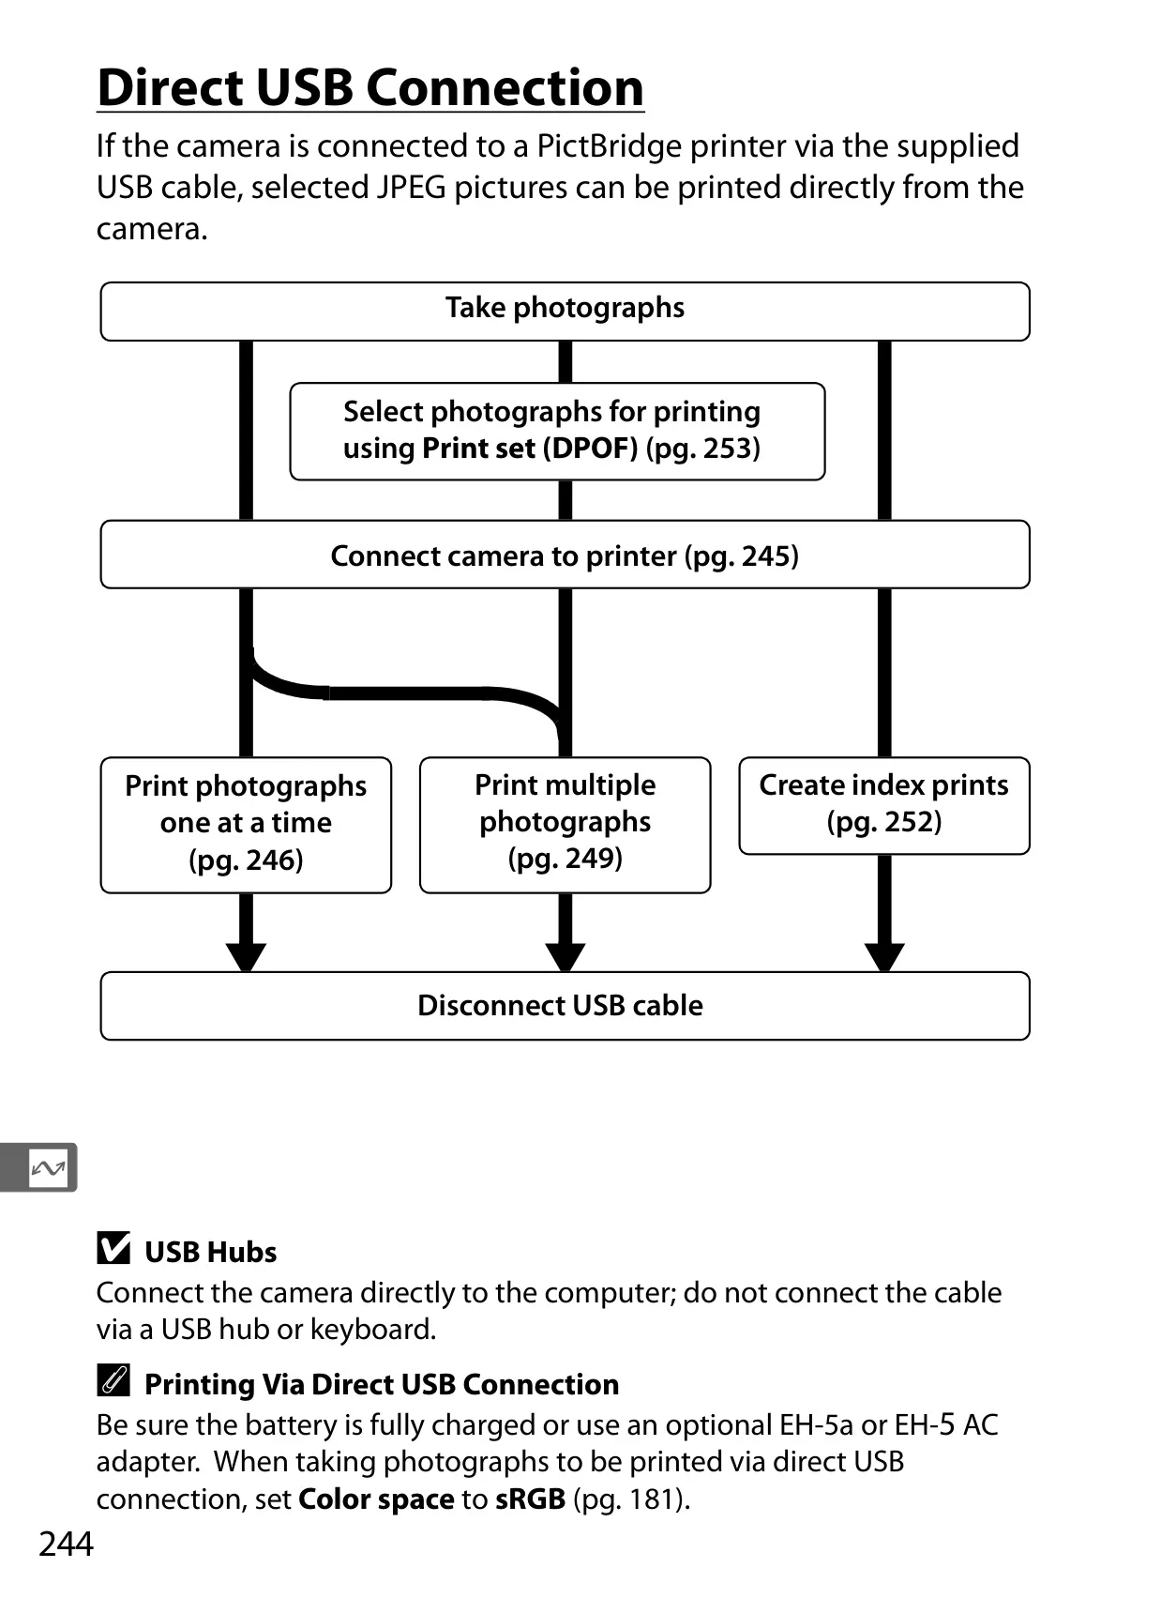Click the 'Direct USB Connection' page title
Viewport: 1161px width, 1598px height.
pos(370,88)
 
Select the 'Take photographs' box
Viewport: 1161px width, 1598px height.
pos(565,311)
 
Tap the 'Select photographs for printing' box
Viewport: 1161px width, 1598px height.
pos(557,431)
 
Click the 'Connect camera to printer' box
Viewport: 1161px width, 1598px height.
pos(565,555)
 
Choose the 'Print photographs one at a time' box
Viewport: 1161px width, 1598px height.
pos(246,825)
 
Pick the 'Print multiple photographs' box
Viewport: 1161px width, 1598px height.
pos(565,825)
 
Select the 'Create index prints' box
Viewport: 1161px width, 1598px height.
pos(884,805)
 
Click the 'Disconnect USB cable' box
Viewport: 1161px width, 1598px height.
pos(565,1005)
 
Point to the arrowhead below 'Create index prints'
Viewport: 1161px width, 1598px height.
pos(884,957)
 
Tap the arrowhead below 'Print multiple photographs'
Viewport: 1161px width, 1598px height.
pos(565,957)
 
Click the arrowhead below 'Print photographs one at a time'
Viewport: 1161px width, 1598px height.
pos(246,957)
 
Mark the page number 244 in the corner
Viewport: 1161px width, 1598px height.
pos(66,1544)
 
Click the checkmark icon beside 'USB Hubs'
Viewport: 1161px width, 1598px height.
pos(113,1248)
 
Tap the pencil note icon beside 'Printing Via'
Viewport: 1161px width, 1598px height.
pos(113,1379)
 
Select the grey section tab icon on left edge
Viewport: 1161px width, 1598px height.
pos(38,1168)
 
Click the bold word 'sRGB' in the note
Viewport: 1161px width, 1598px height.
pos(530,1499)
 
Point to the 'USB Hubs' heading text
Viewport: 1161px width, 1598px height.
pos(210,1252)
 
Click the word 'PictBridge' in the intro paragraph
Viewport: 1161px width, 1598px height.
pos(609,147)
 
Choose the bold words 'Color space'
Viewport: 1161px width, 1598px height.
pos(376,1499)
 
